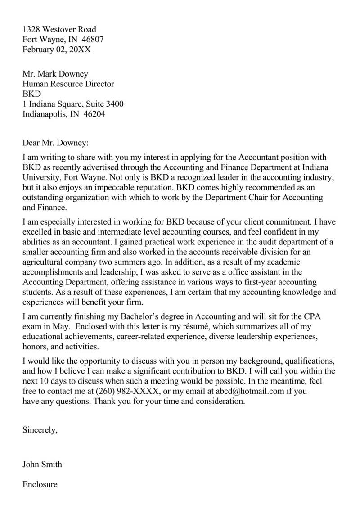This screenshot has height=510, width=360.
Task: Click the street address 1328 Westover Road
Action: [x=59, y=30]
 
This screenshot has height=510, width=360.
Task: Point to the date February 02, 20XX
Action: [x=57, y=50]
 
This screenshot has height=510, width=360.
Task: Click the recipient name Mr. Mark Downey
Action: [x=55, y=74]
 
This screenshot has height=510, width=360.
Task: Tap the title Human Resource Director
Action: [x=68, y=84]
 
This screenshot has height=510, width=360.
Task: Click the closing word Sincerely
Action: [x=40, y=430]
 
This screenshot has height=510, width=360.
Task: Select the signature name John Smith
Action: [x=42, y=464]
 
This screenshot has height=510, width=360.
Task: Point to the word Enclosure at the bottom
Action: [x=40, y=484]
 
